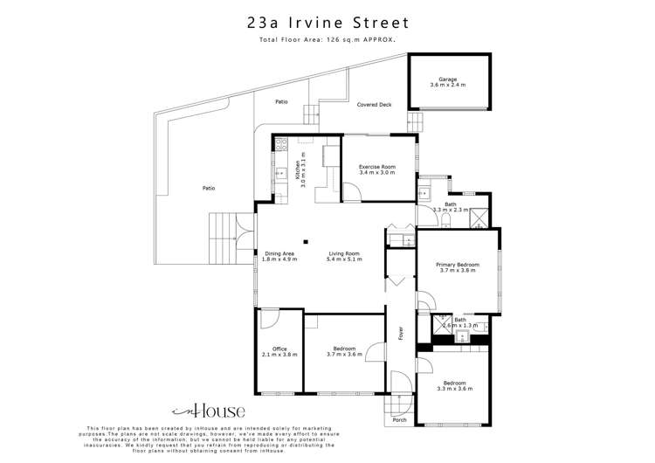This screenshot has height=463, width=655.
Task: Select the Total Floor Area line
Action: (x=327, y=40)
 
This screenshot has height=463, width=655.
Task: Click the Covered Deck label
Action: (x=374, y=105)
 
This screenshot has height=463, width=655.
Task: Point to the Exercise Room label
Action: (x=377, y=169)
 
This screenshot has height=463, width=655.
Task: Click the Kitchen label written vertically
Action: (x=298, y=169)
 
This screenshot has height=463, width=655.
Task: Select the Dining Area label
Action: (x=279, y=256)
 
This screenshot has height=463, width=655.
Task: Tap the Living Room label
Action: (x=344, y=256)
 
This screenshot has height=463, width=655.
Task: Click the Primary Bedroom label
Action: (x=458, y=267)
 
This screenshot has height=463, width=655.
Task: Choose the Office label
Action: (x=279, y=352)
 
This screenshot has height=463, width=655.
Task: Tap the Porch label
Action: (x=399, y=420)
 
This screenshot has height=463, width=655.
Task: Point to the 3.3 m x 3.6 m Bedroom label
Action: (x=454, y=386)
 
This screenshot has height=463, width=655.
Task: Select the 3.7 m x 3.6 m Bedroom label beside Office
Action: (x=344, y=352)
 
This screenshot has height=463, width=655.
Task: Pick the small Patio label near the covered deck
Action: (x=281, y=102)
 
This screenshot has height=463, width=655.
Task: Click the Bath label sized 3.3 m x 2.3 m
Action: (x=451, y=207)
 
